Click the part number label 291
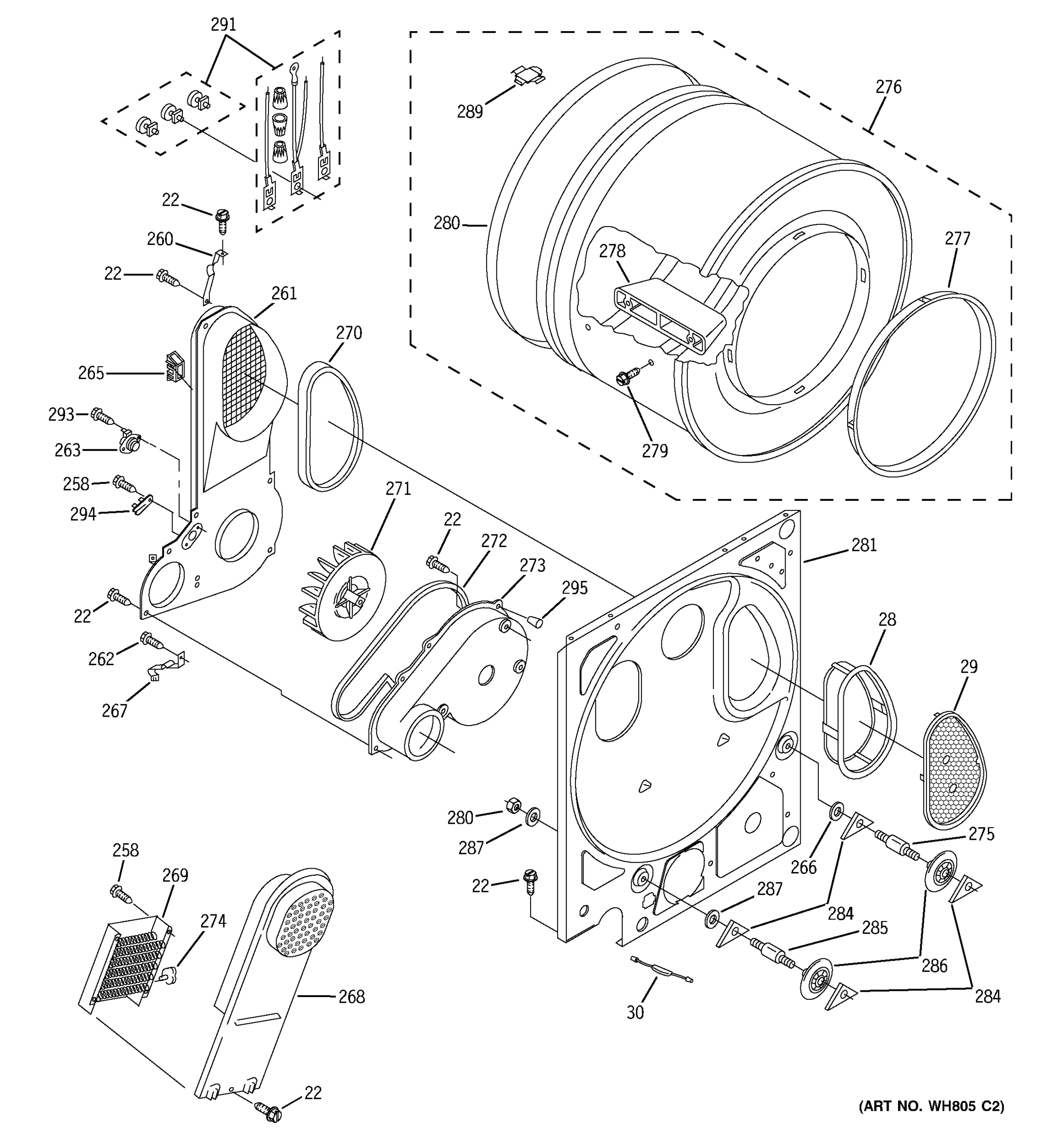[x=223, y=25]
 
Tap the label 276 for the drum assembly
[x=888, y=87]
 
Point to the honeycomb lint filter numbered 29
[x=953, y=770]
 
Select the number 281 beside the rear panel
[x=864, y=545]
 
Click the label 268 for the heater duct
[x=351, y=997]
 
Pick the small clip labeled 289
[x=528, y=75]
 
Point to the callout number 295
[x=574, y=588]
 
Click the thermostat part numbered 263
[x=129, y=442]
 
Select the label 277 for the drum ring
[x=957, y=238]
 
